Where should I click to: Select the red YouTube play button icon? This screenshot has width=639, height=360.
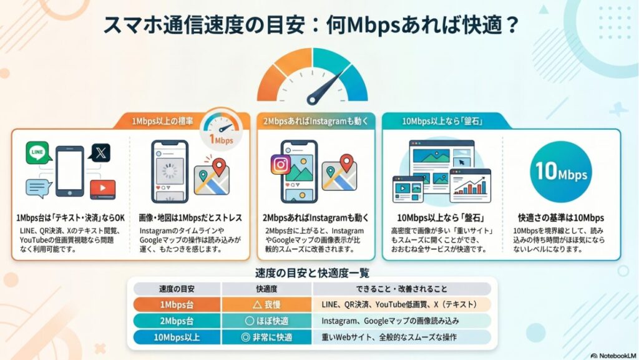(102, 188)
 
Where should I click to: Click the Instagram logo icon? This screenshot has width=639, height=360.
(281, 164)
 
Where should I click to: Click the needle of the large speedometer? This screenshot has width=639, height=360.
(331, 87)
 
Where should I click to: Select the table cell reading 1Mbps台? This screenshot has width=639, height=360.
(177, 304)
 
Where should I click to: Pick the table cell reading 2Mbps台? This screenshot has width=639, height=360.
(177, 321)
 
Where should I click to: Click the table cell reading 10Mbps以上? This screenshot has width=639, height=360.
(177, 337)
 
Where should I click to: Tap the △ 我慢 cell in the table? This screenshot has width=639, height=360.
(267, 304)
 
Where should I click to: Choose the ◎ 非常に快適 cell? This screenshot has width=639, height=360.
(267, 337)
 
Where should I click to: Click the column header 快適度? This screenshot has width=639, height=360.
(267, 289)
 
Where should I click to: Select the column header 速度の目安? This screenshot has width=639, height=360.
(177, 289)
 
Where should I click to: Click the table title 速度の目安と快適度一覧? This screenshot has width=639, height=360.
(312, 273)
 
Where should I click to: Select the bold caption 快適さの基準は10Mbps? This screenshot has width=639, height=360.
(561, 218)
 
